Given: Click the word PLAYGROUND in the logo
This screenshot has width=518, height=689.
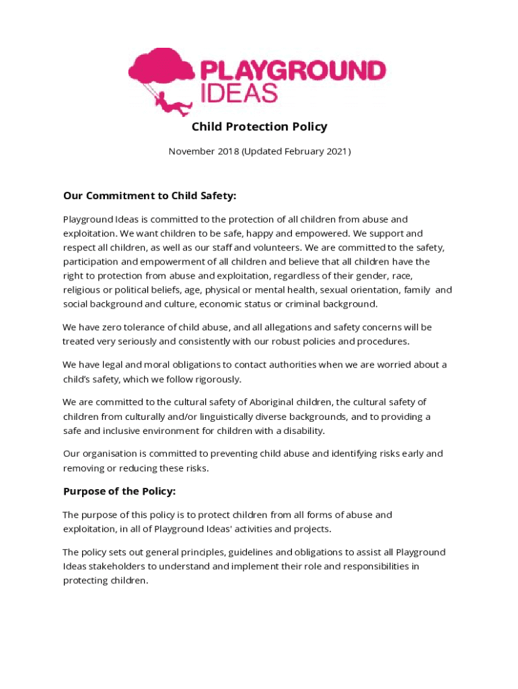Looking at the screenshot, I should pyautogui.click(x=293, y=70).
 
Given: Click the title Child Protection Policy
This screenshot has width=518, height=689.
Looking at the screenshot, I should pyautogui.click(x=259, y=126).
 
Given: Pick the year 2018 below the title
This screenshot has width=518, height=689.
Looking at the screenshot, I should pyautogui.click(x=229, y=151).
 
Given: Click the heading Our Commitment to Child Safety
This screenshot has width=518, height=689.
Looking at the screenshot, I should pyautogui.click(x=149, y=196).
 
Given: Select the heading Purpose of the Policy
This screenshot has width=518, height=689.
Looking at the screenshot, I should pyautogui.click(x=119, y=491).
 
